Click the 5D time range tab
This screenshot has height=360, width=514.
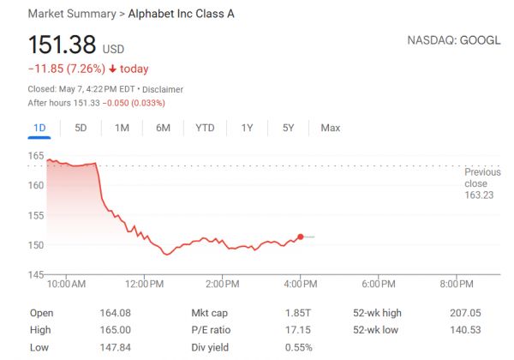(x=81, y=128)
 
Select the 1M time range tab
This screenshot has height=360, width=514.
(x=122, y=128)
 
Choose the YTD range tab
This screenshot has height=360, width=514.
(x=205, y=128)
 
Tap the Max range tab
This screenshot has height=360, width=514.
(x=330, y=128)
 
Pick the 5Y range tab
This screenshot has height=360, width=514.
(x=288, y=128)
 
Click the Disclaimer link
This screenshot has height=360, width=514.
(x=162, y=89)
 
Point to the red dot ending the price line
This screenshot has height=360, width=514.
(x=300, y=237)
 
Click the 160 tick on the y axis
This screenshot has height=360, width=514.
(x=36, y=185)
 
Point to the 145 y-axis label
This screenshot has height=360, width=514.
(x=36, y=274)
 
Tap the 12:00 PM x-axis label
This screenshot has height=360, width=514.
(x=144, y=284)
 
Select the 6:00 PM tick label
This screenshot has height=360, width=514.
(x=377, y=284)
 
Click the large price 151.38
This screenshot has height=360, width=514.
(x=62, y=45)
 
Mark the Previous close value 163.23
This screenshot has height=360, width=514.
(x=475, y=195)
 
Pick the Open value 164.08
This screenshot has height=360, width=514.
(x=116, y=314)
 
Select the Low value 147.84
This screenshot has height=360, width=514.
(x=116, y=347)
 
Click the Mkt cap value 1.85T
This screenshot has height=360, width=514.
(x=298, y=314)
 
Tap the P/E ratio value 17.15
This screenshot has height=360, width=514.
(x=297, y=330)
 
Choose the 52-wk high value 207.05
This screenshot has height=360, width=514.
(x=467, y=314)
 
